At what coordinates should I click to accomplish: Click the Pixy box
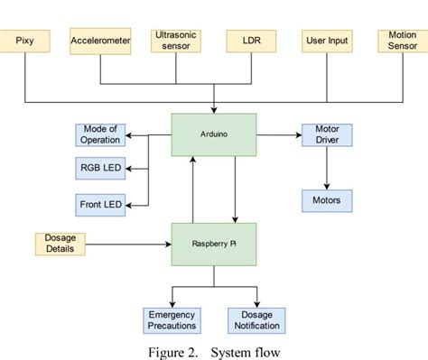pos(25,42)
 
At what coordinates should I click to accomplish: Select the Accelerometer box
pos(100,42)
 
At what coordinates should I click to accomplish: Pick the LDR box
pos(251,42)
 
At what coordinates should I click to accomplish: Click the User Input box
pos(327,42)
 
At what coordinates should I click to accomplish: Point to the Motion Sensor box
pos(402,42)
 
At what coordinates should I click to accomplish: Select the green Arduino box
pos(214,134)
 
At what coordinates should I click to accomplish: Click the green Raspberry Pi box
pos(214,244)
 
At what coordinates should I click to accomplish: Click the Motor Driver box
pos(326,134)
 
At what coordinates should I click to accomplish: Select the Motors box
pos(326,200)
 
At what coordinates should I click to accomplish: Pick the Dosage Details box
pos(60,244)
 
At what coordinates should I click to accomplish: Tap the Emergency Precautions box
pos(172,320)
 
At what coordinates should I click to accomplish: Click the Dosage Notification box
pos(256,320)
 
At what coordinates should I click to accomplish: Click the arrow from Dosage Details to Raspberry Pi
pos(126,244)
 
